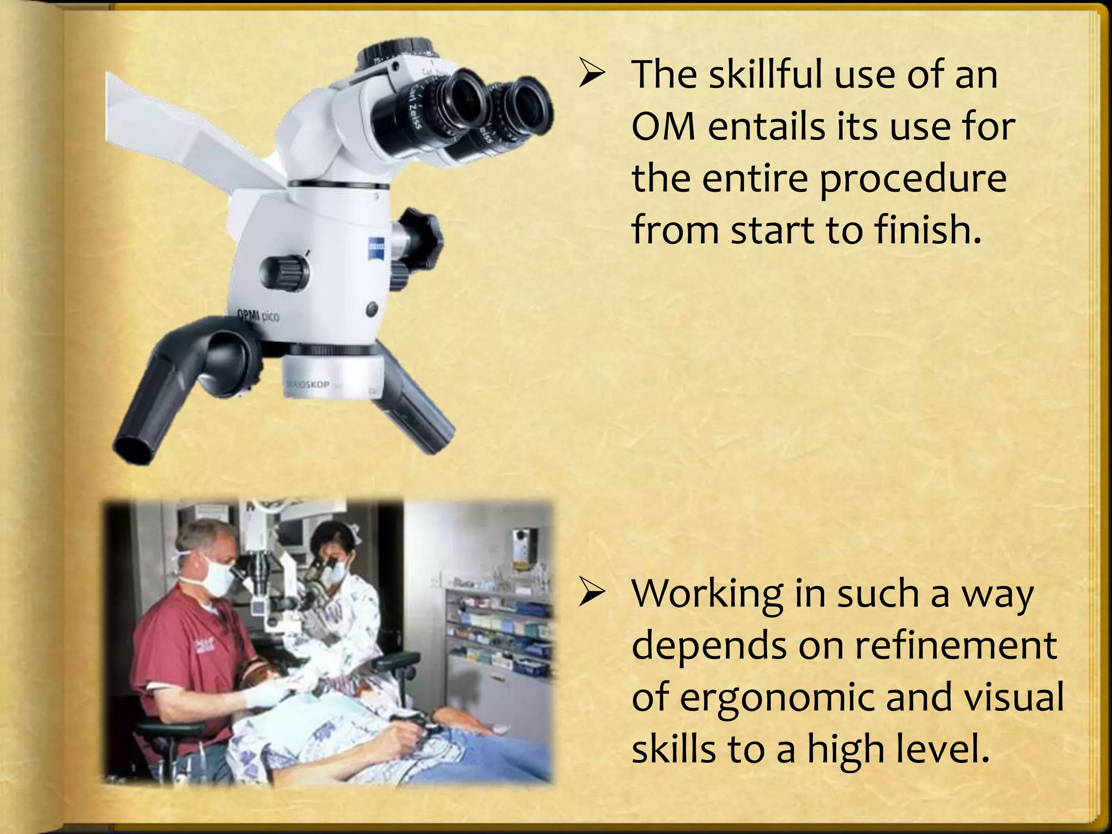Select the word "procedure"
(913, 180)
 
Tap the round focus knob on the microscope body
(285, 269)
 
